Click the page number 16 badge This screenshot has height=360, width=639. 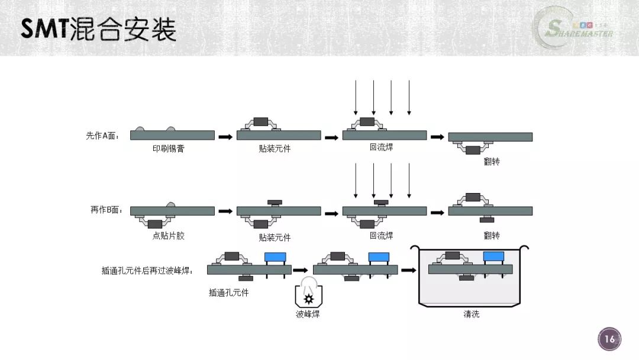tap(609, 339)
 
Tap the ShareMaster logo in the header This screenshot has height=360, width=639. tap(575, 28)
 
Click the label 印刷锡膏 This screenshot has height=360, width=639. tap(168, 149)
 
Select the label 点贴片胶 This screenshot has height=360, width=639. tap(168, 236)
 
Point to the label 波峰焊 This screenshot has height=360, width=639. tap(308, 314)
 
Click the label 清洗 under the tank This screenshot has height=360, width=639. tap(471, 314)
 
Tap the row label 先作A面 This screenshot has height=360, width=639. tap(102, 136)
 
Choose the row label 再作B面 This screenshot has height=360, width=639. tap(106, 210)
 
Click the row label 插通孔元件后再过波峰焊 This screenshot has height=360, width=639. tap(147, 271)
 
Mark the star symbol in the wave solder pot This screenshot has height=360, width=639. tap(309, 299)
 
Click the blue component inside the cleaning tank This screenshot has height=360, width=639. tap(493, 256)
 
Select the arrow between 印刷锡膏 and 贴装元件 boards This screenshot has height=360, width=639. tap(225, 137)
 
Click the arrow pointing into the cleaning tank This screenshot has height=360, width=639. tap(409, 270)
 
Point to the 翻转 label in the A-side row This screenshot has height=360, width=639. tap(492, 162)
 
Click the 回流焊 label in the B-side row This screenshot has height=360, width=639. tap(382, 236)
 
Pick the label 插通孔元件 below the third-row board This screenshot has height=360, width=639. tap(228, 292)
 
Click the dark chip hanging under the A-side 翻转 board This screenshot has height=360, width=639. tap(473, 150)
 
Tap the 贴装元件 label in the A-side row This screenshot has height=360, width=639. tap(275, 149)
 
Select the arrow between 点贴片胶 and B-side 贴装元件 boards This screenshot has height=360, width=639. tap(225, 211)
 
